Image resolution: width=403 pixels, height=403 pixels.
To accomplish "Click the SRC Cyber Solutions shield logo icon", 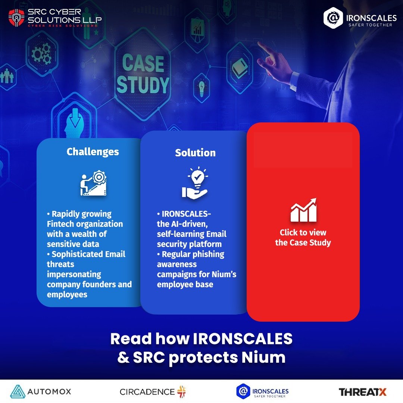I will point(16,17).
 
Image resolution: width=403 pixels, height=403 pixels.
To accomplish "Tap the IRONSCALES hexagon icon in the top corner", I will point(332,18).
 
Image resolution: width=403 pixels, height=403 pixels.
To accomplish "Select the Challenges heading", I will point(93,152).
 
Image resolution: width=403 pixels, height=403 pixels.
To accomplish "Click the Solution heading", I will point(195,153).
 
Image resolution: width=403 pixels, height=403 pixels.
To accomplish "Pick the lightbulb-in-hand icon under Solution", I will point(195,183).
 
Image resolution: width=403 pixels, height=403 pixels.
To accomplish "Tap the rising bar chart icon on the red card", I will point(303,210).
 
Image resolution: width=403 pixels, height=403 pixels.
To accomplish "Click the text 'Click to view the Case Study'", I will point(303,238).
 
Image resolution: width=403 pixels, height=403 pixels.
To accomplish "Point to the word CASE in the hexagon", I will point(143,63).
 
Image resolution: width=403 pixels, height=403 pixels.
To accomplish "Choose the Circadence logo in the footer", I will point(153,391).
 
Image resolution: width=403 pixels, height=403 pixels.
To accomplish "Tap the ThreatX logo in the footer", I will point(362,392).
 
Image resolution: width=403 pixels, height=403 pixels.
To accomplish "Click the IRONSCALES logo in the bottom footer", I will point(262,391).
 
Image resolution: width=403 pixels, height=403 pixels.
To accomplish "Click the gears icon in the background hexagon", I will point(41,54).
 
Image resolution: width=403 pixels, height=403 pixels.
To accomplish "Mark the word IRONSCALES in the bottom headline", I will point(243,339).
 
